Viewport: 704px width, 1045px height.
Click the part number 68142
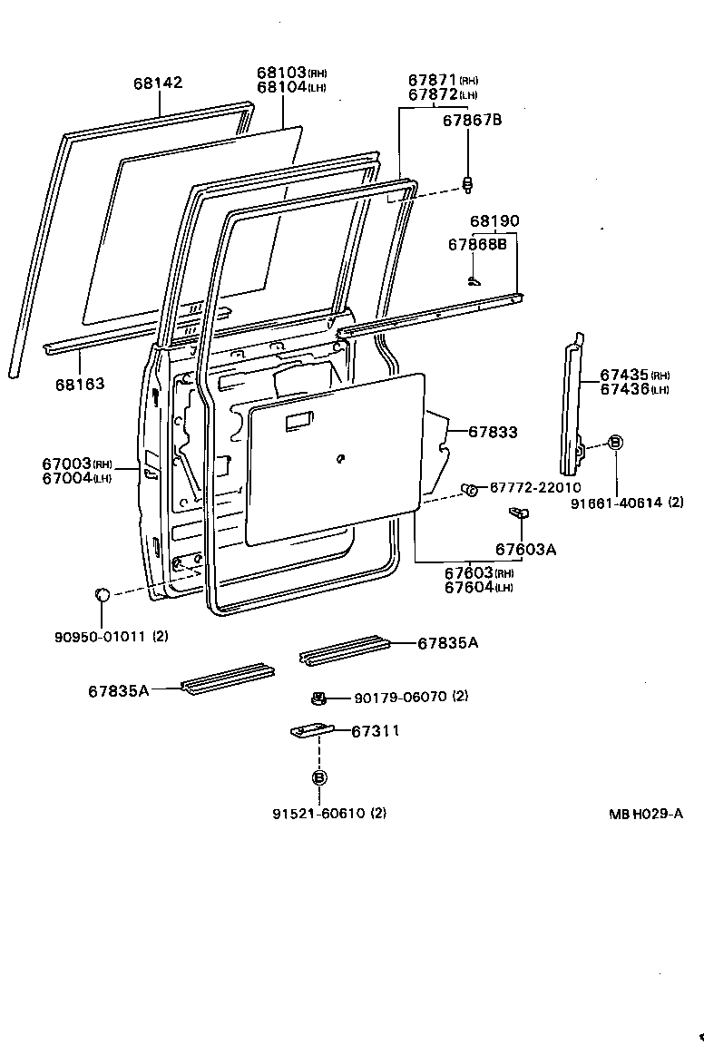click(158, 83)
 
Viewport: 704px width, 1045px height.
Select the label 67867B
click(472, 119)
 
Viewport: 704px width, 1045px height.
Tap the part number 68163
click(80, 384)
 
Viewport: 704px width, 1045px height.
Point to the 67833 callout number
click(493, 433)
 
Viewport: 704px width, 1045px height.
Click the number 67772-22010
click(535, 488)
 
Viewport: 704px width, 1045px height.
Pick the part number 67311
click(375, 730)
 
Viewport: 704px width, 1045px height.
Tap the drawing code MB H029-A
click(645, 814)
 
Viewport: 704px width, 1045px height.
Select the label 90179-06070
click(398, 697)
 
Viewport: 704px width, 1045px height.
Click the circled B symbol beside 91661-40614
click(614, 442)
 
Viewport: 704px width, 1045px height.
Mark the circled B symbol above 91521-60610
click(318, 777)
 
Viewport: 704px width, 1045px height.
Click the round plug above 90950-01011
click(103, 594)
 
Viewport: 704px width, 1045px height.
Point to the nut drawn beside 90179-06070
click(318, 698)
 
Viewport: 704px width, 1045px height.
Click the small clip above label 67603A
click(519, 513)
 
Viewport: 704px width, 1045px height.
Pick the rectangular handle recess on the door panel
click(297, 422)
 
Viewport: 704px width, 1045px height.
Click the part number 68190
click(494, 221)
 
